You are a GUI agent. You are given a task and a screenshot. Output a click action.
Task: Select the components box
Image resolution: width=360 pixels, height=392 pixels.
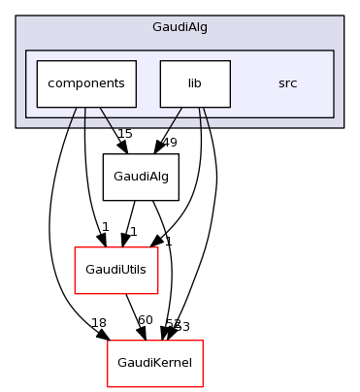point(86,83)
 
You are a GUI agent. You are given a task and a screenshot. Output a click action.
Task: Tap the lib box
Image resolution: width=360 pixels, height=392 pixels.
point(194,83)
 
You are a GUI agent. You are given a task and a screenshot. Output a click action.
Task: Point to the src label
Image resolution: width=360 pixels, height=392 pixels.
point(287,83)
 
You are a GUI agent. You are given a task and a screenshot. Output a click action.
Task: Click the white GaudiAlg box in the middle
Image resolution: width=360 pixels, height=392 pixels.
point(141,178)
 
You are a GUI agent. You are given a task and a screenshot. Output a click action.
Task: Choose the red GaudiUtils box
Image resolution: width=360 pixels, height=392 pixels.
point(116,270)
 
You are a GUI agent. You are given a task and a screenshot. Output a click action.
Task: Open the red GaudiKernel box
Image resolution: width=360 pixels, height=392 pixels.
point(154,362)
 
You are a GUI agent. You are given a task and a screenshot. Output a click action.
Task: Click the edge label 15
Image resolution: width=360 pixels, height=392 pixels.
point(124,133)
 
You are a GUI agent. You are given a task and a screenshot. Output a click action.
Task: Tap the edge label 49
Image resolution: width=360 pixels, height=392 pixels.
point(169,143)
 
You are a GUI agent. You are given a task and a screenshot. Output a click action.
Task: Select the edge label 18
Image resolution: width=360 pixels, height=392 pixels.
point(98,323)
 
